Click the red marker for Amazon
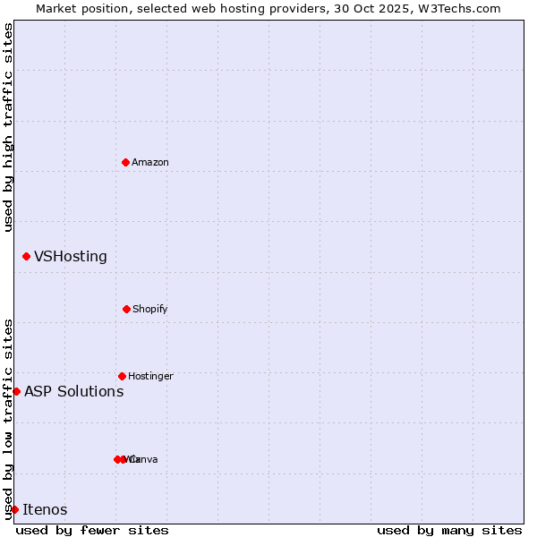[x=125, y=162]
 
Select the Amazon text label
[x=150, y=163]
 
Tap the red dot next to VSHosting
[x=26, y=257]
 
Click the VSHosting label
[x=71, y=257]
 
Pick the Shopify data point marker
[x=126, y=309]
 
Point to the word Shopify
[x=150, y=310]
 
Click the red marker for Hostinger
[x=122, y=376]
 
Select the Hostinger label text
[x=150, y=377]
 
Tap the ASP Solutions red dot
[x=16, y=391]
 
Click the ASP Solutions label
[x=73, y=391]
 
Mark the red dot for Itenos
[x=14, y=509]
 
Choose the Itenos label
[x=45, y=510]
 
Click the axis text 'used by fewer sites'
[x=92, y=530]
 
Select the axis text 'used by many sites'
[x=449, y=530]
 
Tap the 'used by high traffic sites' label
[x=8, y=127]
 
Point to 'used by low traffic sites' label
[x=8, y=418]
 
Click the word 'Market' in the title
[x=56, y=8]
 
